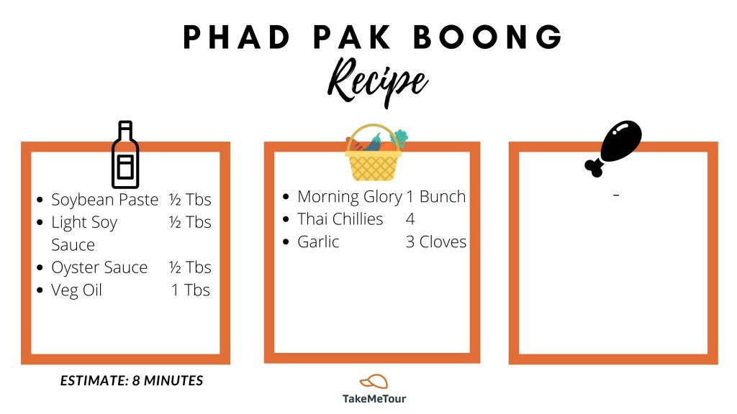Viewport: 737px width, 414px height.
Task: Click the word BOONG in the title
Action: click(488, 37)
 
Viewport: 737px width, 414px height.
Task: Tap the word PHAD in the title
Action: click(237, 37)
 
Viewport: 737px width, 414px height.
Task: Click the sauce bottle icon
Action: click(125, 155)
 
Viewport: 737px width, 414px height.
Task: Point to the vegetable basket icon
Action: click(374, 152)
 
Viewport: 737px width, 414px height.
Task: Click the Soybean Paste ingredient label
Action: click(105, 200)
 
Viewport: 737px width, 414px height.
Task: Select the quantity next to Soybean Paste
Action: click(190, 200)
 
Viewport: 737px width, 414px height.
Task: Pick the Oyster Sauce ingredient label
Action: click(99, 267)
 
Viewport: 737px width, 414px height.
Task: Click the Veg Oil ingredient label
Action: click(76, 290)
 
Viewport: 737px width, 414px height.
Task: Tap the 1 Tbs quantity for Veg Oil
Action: click(190, 290)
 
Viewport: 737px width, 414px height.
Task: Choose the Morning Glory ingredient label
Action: click(350, 197)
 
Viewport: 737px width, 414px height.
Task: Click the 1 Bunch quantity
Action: click(436, 196)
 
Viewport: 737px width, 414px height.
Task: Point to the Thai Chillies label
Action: click(340, 219)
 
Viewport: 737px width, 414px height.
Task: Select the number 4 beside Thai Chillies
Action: click(410, 219)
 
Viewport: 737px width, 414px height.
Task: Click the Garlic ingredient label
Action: click(318, 241)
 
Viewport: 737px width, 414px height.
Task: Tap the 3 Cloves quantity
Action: click(436, 241)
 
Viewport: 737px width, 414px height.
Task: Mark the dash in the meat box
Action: click(616, 194)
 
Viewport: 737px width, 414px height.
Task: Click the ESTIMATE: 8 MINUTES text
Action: click(132, 380)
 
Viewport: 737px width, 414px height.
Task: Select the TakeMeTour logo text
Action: click(374, 399)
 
